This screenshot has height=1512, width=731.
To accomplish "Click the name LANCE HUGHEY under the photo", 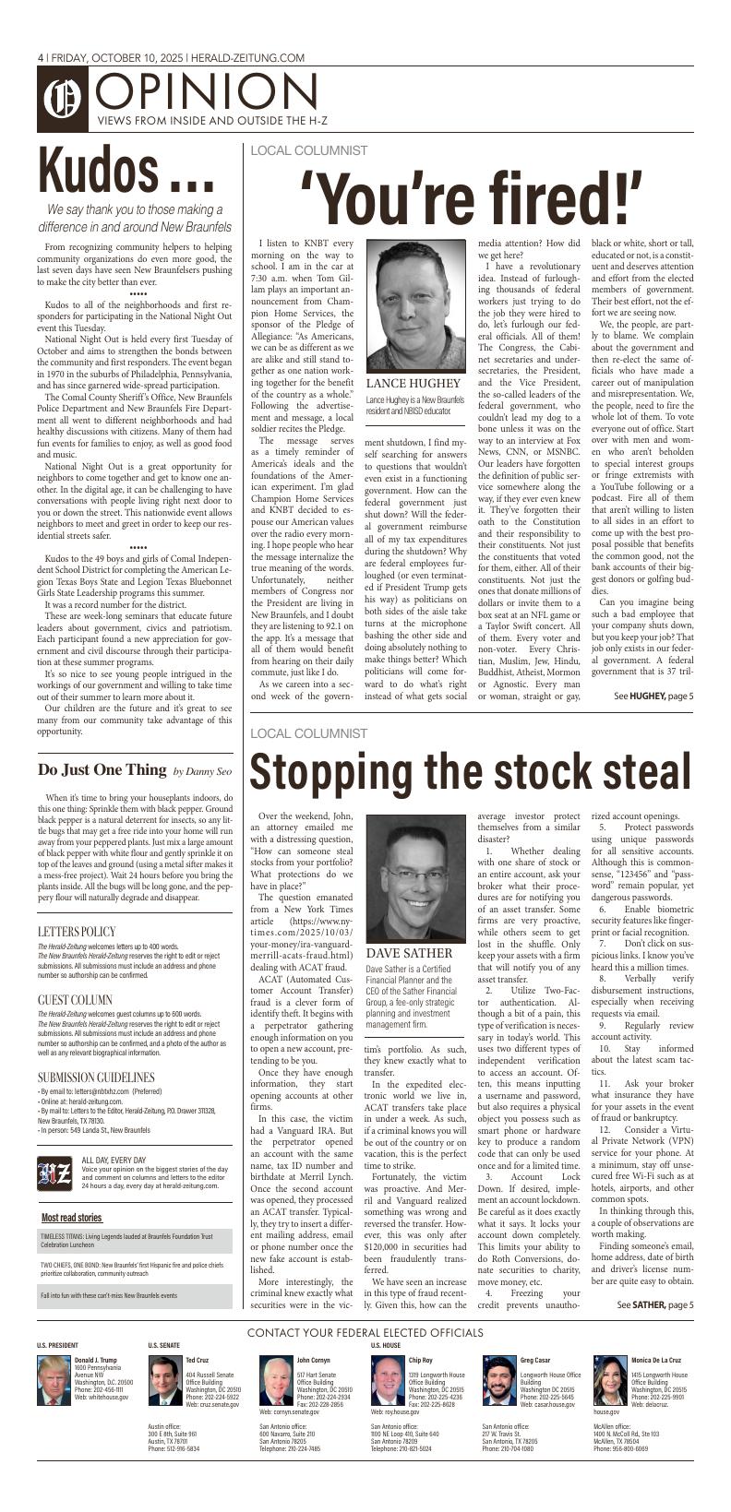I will pyautogui.click(x=413, y=383).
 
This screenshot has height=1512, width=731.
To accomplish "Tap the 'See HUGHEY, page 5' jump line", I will pyautogui.click(x=653, y=696).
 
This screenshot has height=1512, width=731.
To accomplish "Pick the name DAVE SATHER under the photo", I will pyautogui.click(x=409, y=952).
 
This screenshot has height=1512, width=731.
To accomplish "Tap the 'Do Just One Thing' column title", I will pyautogui.click(x=102, y=769).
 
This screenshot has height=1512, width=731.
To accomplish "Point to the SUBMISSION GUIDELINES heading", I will pyautogui.click(x=96, y=1077).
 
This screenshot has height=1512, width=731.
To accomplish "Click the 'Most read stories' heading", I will pyautogui.click(x=71, y=1217).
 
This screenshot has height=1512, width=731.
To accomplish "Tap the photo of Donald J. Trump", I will pyautogui.click(x=53, y=1379).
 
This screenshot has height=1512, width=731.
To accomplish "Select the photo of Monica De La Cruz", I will pyautogui.click(x=610, y=1379).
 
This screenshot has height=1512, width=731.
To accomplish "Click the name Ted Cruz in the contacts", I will pyautogui.click(x=197, y=1360).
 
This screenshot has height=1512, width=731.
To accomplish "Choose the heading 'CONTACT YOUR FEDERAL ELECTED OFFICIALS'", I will pyautogui.click(x=365, y=1332).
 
